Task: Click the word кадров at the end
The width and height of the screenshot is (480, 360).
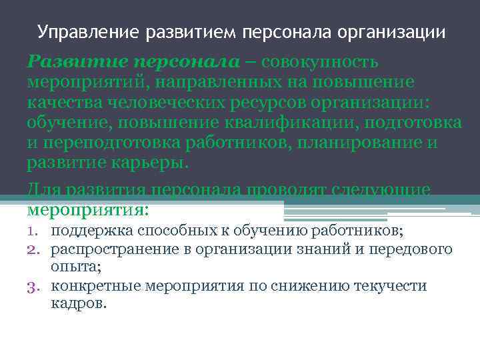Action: point(77,304)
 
